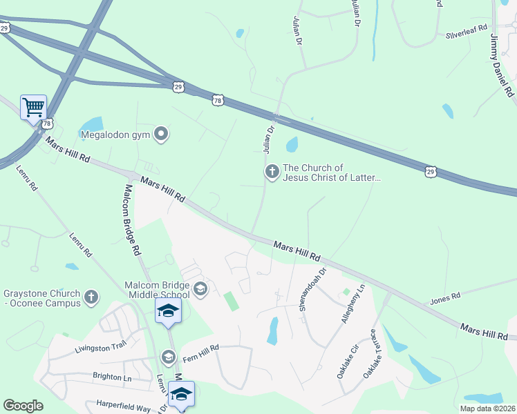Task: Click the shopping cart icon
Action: [x=33, y=107]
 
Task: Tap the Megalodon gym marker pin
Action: [x=161, y=134]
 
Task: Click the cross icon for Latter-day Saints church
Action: [x=272, y=171]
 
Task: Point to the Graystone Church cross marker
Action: [x=91, y=298]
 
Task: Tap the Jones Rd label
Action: [x=445, y=297]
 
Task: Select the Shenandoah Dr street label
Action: [x=312, y=289]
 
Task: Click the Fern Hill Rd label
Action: [x=200, y=348]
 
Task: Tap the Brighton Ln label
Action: [x=112, y=377]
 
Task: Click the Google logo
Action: [x=23, y=406]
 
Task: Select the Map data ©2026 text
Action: [x=487, y=408]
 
